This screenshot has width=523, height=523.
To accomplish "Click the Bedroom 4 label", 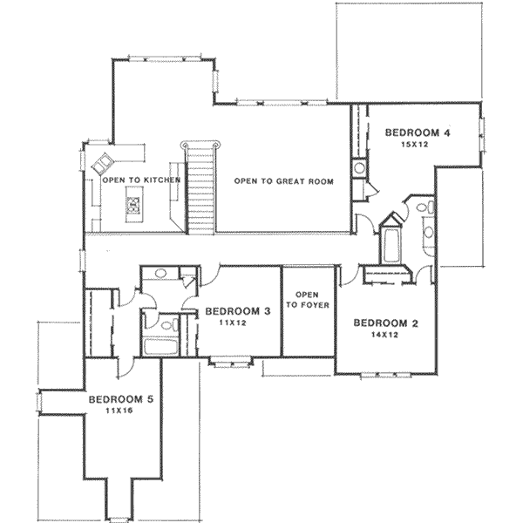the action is [418, 132].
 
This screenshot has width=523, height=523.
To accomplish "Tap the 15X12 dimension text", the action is [415, 145].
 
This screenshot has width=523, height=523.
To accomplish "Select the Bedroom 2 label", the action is [385, 323].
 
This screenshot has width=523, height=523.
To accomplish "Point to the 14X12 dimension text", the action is [385, 335].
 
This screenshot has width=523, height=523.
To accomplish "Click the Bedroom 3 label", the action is [237, 311].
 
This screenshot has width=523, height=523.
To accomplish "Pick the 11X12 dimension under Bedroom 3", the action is [233, 323].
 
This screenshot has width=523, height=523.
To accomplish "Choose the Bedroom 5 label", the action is [121, 399].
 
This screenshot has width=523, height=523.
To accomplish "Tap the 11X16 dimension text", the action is [119, 411].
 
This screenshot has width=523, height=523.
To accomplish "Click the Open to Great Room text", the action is [284, 181].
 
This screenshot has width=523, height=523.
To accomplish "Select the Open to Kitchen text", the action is [141, 180].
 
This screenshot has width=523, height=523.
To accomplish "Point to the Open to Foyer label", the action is [308, 300].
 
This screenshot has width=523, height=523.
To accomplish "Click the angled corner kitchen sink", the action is [103, 164].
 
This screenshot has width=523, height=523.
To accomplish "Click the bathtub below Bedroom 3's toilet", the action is [160, 347].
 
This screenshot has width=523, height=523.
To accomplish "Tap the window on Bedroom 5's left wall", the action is [39, 402].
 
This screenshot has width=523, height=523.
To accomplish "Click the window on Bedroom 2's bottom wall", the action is [386, 375].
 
